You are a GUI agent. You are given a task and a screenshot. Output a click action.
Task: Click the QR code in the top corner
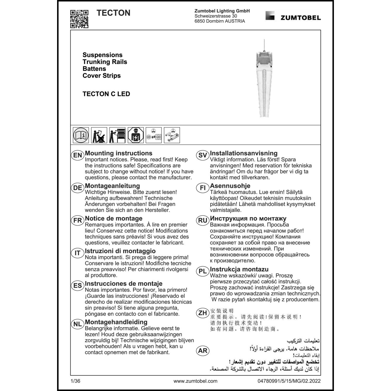click(79, 19)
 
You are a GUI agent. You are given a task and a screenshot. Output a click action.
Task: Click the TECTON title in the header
click(113, 13)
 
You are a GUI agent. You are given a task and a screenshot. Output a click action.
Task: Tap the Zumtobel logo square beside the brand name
click(270, 16)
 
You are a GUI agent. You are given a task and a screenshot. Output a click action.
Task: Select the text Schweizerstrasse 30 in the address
click(216, 16)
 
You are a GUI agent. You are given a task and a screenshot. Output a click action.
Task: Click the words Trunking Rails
click(105, 62)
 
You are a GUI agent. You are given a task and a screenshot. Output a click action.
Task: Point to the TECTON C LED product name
click(106, 94)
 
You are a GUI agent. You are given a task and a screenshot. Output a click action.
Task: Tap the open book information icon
click(81, 135)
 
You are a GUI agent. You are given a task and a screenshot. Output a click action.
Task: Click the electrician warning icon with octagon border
click(136, 135)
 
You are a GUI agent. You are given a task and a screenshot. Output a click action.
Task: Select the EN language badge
click(77, 155)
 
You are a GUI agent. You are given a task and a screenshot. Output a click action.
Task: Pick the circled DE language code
click(77, 188)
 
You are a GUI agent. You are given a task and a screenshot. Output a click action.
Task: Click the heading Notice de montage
click(114, 218)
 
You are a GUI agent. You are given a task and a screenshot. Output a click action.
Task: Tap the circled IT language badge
click(77, 253)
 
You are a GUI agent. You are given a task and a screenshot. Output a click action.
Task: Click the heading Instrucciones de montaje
click(124, 284)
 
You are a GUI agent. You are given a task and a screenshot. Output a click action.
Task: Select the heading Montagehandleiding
click(116, 322)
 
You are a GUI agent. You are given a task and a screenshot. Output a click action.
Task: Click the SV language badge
click(203, 155)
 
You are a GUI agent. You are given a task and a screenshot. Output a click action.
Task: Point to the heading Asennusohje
click(230, 186)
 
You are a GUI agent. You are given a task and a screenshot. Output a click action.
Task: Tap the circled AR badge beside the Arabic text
click(203, 351)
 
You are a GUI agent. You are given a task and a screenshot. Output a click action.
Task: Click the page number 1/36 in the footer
click(75, 381)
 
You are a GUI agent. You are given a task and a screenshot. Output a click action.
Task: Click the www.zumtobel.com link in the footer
click(195, 381)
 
